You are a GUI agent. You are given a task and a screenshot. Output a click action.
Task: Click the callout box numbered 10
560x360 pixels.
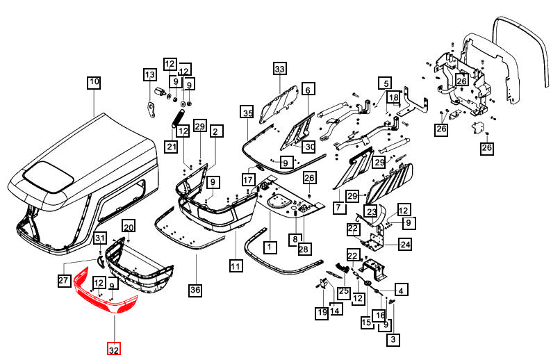pyautogui.click(x=94, y=83)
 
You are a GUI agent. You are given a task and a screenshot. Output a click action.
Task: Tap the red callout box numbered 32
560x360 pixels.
pyautogui.click(x=113, y=349)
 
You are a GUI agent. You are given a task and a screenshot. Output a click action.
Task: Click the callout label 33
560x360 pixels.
pyautogui.click(x=279, y=69)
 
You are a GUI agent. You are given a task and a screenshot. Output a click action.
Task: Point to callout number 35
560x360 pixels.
pyautogui.click(x=247, y=113)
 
